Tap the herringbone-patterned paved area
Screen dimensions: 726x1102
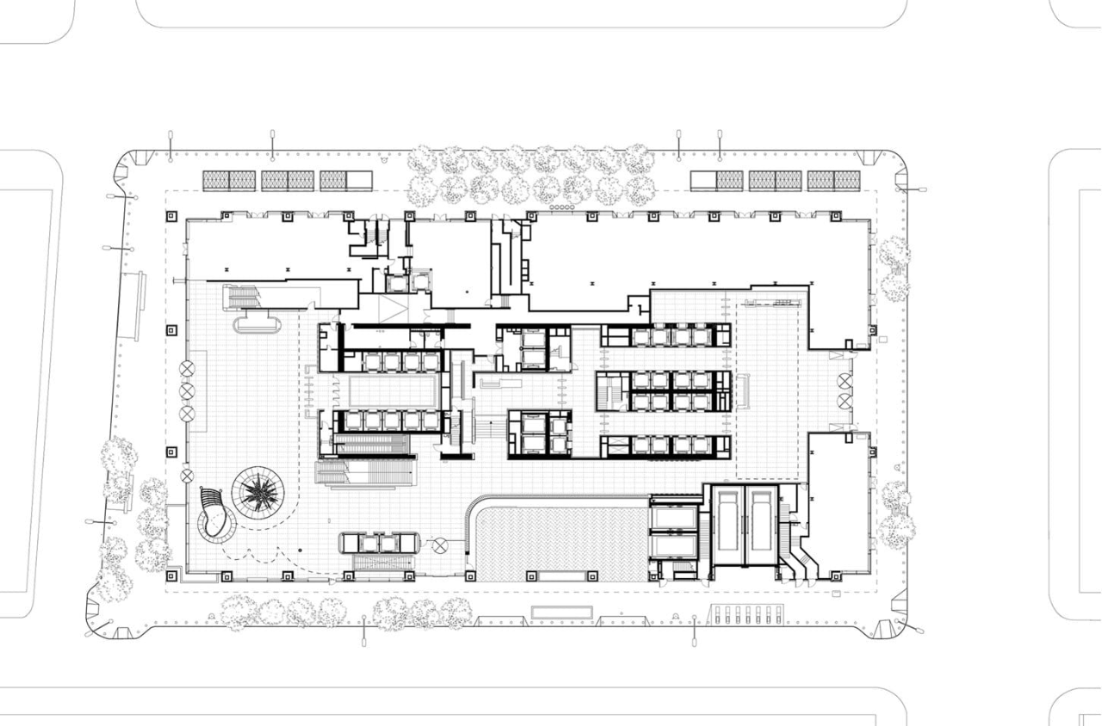560,543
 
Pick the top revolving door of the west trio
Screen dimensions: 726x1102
187,369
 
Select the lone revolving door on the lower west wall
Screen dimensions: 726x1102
187,476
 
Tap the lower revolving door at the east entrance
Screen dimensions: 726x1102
844,401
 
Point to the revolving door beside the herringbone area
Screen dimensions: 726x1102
441,544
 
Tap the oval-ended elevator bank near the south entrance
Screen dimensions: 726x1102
380,543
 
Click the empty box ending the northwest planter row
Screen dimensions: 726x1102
359,181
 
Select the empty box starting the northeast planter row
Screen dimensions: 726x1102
703,181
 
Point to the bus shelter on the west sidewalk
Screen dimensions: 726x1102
138,305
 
